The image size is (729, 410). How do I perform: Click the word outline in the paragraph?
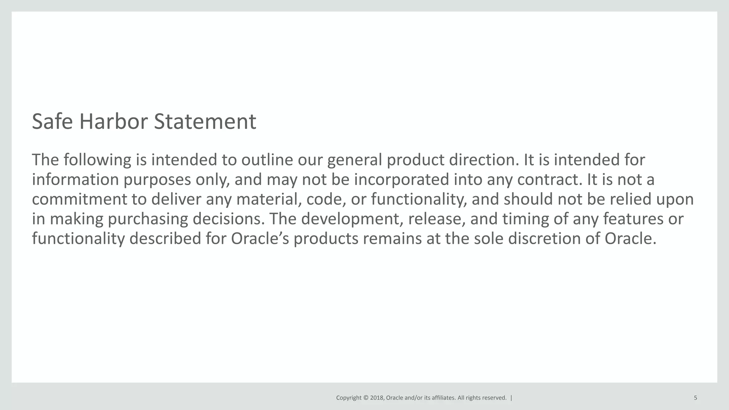click(267, 160)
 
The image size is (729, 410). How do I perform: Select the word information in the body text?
click(75, 179)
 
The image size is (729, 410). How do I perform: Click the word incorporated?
click(402, 179)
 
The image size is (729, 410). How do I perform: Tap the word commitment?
click(79, 199)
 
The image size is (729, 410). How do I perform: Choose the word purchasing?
click(148, 219)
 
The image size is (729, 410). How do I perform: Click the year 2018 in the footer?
click(377, 398)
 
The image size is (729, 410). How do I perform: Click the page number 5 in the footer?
click(695, 398)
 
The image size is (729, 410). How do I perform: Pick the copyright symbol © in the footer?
click(366, 398)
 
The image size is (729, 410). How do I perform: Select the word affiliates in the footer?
click(443, 398)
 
